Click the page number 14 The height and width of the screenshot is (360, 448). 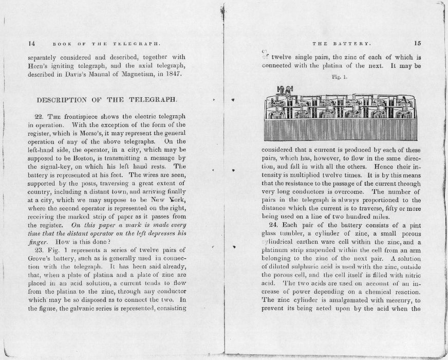coord(31,44)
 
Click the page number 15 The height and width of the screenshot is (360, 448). coord(417,44)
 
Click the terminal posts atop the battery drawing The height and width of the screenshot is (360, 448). coord(283,88)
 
